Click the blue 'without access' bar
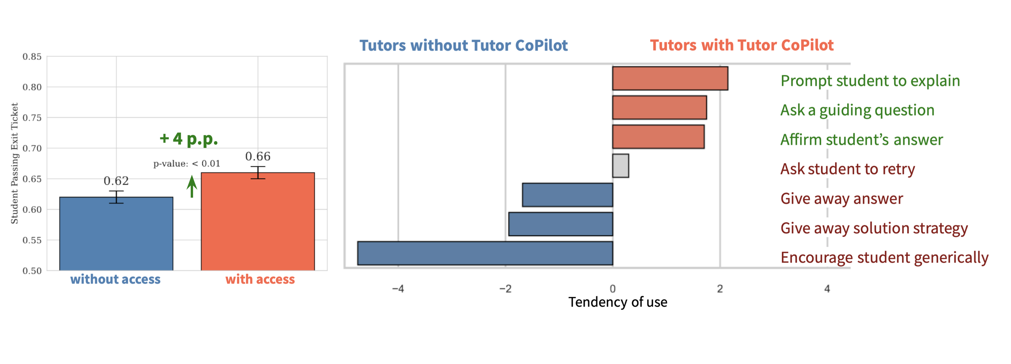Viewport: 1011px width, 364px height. pyautogui.click(x=116, y=234)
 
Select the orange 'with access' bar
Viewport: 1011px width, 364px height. pyautogui.click(x=258, y=221)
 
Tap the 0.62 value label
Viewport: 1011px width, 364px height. pyautogui.click(x=116, y=181)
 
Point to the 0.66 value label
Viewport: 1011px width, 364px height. pyautogui.click(x=258, y=157)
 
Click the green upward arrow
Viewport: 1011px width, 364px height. pyautogui.click(x=191, y=186)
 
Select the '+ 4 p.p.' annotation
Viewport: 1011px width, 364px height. pyautogui.click(x=189, y=139)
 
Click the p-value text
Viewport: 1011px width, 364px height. pyautogui.click(x=187, y=164)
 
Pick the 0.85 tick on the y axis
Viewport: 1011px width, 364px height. pyautogui.click(x=32, y=57)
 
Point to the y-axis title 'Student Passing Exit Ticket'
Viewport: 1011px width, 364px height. pyautogui.click(x=14, y=163)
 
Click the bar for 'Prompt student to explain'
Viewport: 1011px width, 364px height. pyautogui.click(x=670, y=79)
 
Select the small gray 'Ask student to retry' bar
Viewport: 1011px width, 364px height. pyautogui.click(x=620, y=166)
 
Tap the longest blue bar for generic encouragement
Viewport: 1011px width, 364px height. pyautogui.click(x=485, y=253)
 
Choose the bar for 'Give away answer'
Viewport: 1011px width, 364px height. pyautogui.click(x=568, y=195)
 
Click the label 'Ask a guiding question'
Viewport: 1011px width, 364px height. pyautogui.click(x=858, y=110)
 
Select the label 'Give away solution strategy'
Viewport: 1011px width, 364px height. pyautogui.click(x=875, y=229)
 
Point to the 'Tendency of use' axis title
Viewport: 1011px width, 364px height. pyautogui.click(x=618, y=302)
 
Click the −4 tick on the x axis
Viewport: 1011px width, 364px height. pyautogui.click(x=398, y=289)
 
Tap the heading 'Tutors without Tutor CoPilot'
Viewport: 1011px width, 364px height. pyautogui.click(x=463, y=45)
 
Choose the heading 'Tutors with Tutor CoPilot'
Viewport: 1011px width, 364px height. pyautogui.click(x=742, y=45)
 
